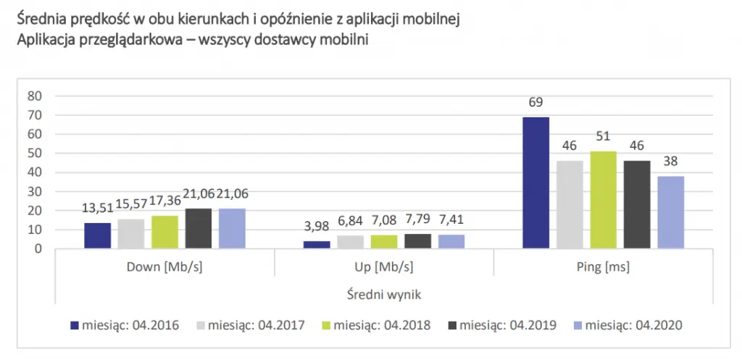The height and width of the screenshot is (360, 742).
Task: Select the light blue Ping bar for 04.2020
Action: click(x=672, y=212)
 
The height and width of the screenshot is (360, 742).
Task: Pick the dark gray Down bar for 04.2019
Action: click(x=199, y=229)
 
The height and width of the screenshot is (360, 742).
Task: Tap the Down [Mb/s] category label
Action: click(x=164, y=267)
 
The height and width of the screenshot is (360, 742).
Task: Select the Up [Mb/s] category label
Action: click(x=383, y=267)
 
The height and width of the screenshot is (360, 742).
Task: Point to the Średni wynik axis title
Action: click(x=383, y=294)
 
